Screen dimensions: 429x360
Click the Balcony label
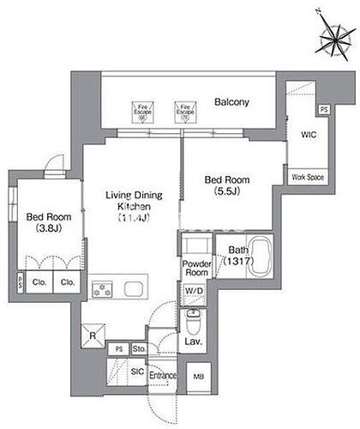click(231, 102)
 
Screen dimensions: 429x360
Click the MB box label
click(199, 375)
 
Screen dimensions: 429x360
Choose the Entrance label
click(162, 375)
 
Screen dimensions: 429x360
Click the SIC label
click(137, 371)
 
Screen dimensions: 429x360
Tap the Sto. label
click(137, 349)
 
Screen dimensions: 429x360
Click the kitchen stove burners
click(104, 289)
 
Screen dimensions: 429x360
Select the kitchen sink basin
click(135, 289)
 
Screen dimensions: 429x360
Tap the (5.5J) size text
click(226, 194)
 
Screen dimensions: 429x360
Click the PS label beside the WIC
click(323, 109)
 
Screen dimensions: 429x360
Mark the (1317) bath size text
click(236, 263)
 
